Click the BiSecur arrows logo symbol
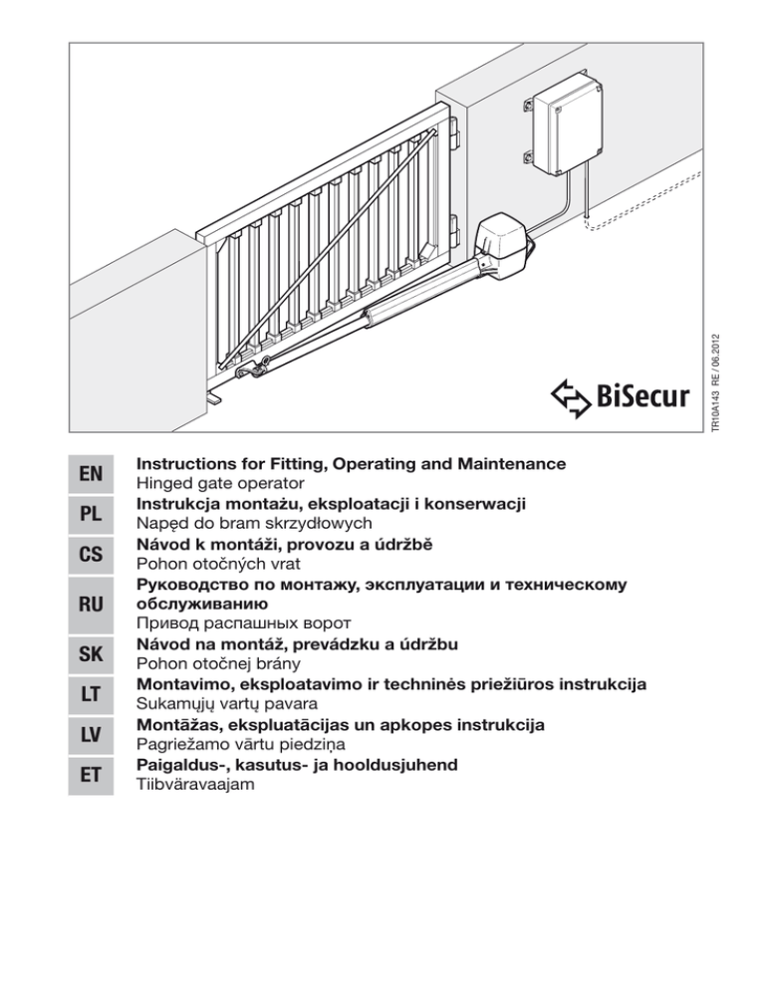571,397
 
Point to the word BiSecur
643,397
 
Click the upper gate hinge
455,132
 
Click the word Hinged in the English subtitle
164,484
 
